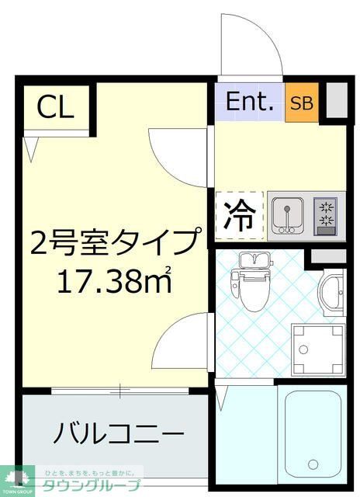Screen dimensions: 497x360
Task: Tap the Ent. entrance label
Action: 250,101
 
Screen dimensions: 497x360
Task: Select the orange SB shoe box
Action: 303,102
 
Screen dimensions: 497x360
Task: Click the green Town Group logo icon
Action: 16,480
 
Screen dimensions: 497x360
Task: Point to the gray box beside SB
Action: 335,100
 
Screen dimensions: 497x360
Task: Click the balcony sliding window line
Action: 120,391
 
